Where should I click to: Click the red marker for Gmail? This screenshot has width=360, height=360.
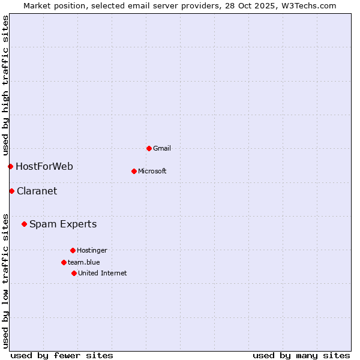click(149, 148)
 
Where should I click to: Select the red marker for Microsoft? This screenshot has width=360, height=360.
click(134, 171)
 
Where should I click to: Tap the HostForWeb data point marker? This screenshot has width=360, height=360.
click(10, 166)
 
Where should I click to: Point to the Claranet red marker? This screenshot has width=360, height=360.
click(11, 191)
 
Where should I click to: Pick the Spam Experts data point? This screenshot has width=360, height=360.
click(24, 224)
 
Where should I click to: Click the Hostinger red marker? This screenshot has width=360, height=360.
click(73, 250)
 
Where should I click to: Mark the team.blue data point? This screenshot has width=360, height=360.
click(64, 262)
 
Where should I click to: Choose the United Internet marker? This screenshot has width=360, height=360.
click(74, 273)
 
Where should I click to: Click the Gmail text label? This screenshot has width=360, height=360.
click(162, 148)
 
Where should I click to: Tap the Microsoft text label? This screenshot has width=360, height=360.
click(152, 171)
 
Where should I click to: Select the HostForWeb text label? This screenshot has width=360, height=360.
click(44, 166)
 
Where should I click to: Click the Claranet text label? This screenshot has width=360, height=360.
click(37, 191)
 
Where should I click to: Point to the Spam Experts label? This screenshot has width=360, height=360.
click(63, 224)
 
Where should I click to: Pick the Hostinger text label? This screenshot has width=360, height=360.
click(92, 250)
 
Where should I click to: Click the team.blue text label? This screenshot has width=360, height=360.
click(84, 262)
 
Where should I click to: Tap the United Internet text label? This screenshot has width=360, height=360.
click(103, 273)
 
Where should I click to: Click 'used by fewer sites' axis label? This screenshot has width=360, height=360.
click(62, 355)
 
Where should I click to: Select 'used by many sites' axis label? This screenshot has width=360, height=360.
click(301, 355)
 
